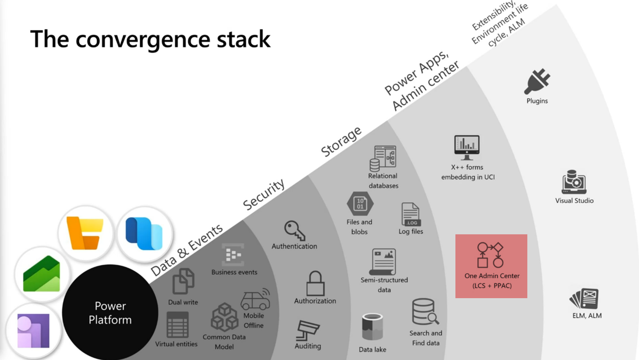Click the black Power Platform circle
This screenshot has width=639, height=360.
tap(110, 313)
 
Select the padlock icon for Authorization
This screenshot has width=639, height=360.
tap(315, 283)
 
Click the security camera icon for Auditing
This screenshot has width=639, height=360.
tap(308, 330)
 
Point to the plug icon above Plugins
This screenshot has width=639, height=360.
tap(537, 81)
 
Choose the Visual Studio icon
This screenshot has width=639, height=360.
tap(574, 182)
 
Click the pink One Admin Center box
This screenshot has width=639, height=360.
tap(491, 266)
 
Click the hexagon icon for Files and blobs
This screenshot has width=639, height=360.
tap(360, 204)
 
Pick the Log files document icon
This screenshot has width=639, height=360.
tap(410, 214)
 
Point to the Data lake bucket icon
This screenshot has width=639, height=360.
tap(372, 327)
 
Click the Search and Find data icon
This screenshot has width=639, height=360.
tap(425, 312)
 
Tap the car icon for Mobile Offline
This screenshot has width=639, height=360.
tap(255, 299)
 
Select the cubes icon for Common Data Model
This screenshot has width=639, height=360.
tap(224, 317)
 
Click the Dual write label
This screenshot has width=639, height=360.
tap(183, 302)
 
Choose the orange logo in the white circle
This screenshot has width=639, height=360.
tap(85, 233)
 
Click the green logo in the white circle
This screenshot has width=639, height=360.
tap(41, 274)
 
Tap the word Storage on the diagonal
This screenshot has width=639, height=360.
tap(341, 141)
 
